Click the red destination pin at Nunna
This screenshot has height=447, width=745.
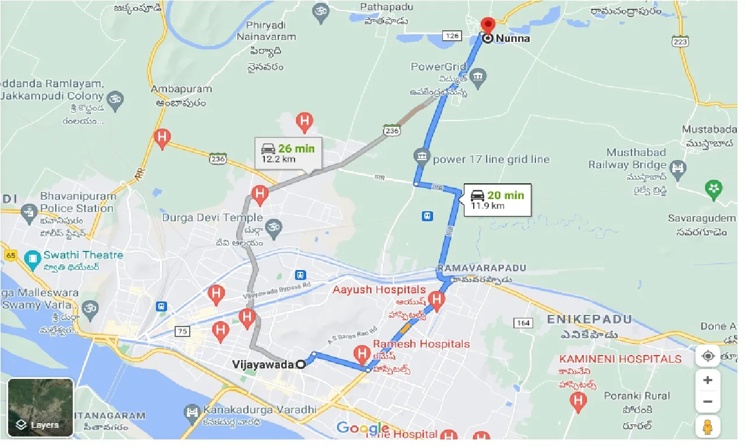(x=488, y=26)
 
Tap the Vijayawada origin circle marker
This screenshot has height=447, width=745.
(x=301, y=364)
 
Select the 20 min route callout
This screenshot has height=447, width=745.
(x=498, y=200)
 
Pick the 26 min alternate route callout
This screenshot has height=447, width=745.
(x=288, y=153)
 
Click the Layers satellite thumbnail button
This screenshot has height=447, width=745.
(x=41, y=407)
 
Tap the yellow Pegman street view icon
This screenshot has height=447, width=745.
(x=708, y=427)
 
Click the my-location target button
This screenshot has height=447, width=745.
(x=708, y=356)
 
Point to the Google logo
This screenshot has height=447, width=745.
(x=363, y=429)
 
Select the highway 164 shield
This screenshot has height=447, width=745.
(x=523, y=322)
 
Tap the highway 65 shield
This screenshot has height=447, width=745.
(x=10, y=255)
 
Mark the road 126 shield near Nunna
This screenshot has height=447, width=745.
(x=451, y=36)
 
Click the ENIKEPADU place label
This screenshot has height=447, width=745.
(x=589, y=319)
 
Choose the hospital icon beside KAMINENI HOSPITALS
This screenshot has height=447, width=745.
(x=578, y=400)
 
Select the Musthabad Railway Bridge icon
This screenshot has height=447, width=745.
(x=677, y=169)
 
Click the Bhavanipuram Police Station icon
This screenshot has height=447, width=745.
(x=29, y=213)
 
